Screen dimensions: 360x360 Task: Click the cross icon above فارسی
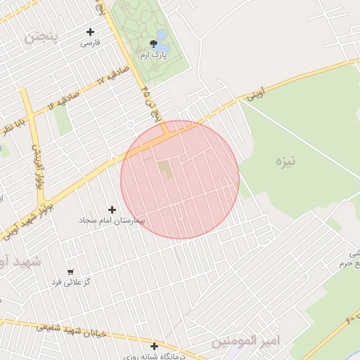(x=90, y=32)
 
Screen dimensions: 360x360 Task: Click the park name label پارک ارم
(x=153, y=55)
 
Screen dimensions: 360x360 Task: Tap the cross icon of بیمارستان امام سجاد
(x=112, y=210)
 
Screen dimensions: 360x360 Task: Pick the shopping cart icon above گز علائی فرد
(x=70, y=271)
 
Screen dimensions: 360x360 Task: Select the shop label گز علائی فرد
(x=70, y=283)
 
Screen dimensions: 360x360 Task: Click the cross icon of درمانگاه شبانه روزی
(x=154, y=346)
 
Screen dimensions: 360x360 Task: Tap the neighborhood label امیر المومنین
(x=246, y=341)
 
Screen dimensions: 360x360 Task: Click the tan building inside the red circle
(x=164, y=169)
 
